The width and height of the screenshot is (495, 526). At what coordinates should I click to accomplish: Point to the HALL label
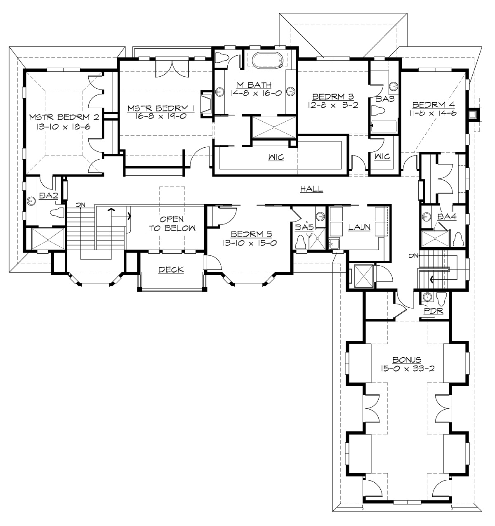311,189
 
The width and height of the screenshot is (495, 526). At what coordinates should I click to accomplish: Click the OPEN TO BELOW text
172,224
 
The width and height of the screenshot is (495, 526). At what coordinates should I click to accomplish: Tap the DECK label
171,270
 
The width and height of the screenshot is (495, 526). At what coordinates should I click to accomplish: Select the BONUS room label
407,359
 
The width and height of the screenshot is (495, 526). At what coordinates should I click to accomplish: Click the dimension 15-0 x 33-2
407,368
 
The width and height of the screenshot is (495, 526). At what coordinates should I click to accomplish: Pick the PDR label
434,311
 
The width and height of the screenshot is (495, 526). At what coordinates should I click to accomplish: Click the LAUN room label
359,227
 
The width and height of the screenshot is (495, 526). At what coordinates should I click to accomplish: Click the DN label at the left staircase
80,205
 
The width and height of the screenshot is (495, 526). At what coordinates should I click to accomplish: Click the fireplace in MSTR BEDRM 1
206,103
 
